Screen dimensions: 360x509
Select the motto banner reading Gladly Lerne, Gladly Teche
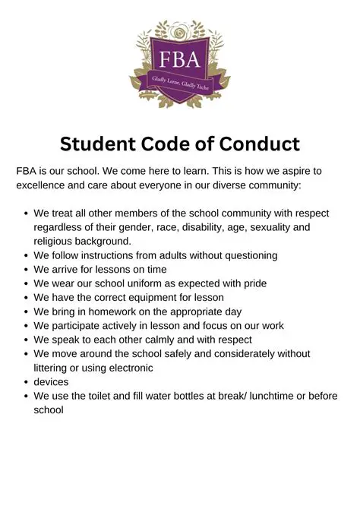click(180, 88)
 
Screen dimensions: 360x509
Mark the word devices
click(51, 381)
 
